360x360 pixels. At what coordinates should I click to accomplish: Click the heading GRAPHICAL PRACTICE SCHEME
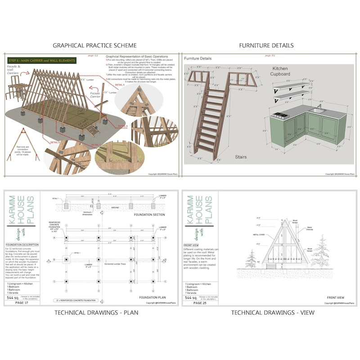point(94,45)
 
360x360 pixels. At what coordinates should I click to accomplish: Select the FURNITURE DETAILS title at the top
point(266,45)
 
